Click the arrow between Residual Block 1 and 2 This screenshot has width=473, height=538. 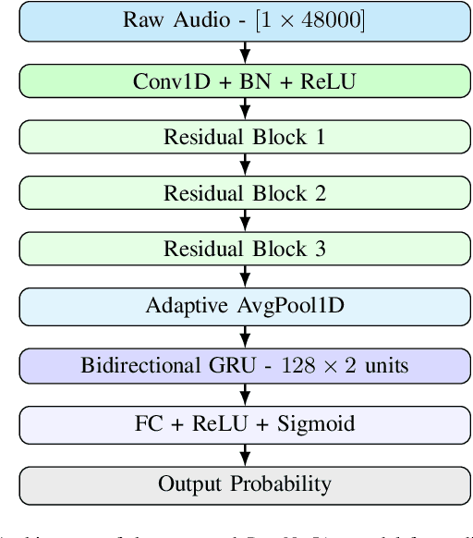tap(245, 165)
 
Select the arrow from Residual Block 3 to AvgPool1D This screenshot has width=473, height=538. tap(245, 276)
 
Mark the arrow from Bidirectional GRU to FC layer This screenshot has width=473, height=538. tap(245, 395)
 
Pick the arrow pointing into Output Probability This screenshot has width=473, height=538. tap(245, 454)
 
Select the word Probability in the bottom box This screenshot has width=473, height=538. tap(285, 484)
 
